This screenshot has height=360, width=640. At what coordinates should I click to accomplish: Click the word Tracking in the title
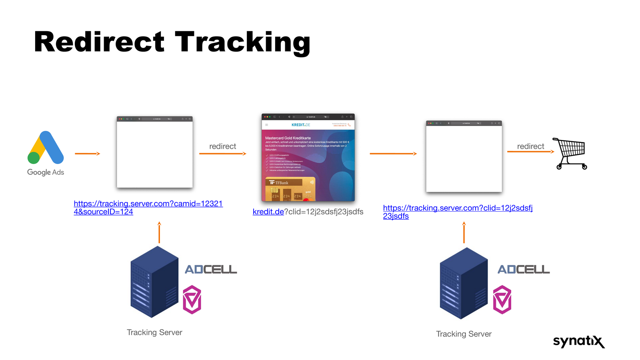click(242, 42)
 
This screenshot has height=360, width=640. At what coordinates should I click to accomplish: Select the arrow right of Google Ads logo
click(87, 154)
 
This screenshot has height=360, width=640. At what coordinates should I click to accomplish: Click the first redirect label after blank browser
click(222, 146)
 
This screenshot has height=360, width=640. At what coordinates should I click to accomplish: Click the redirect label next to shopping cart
click(530, 146)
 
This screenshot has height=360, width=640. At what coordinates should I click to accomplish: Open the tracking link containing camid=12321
click(148, 204)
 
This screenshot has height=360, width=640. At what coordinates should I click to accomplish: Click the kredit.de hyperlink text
click(268, 212)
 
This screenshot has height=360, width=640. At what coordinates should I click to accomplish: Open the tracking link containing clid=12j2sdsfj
click(458, 208)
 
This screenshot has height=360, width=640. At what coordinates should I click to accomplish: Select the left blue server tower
click(154, 282)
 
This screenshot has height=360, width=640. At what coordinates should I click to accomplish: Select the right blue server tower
click(464, 283)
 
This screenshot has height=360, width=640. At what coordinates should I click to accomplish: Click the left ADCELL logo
click(211, 270)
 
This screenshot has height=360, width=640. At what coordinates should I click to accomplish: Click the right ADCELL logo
click(524, 270)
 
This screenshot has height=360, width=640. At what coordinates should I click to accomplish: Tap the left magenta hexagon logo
click(192, 300)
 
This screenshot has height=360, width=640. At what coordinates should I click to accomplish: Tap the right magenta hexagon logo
click(502, 300)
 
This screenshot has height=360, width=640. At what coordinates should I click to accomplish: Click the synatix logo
click(578, 341)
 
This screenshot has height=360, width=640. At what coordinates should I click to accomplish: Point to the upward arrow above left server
click(159, 232)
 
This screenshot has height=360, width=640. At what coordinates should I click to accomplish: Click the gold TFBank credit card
click(290, 189)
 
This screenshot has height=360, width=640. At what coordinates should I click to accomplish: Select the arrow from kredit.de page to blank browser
click(393, 154)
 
